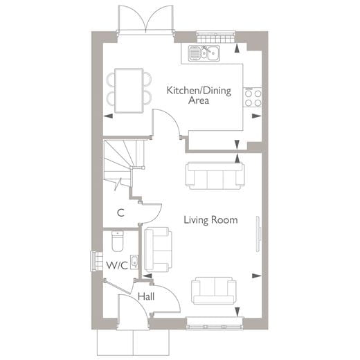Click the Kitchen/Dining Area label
tap(189, 95)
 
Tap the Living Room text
tap(210, 220)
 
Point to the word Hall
tap(145, 297)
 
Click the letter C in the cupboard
tap(120, 213)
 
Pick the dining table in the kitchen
tap(129, 89)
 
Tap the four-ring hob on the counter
tap(252, 97)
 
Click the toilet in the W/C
tap(116, 242)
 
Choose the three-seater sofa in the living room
tap(214, 176)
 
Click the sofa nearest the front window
tap(213, 289)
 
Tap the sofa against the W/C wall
tap(157, 249)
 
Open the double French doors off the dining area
tap(145, 19)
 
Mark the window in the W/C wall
tap(93, 260)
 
